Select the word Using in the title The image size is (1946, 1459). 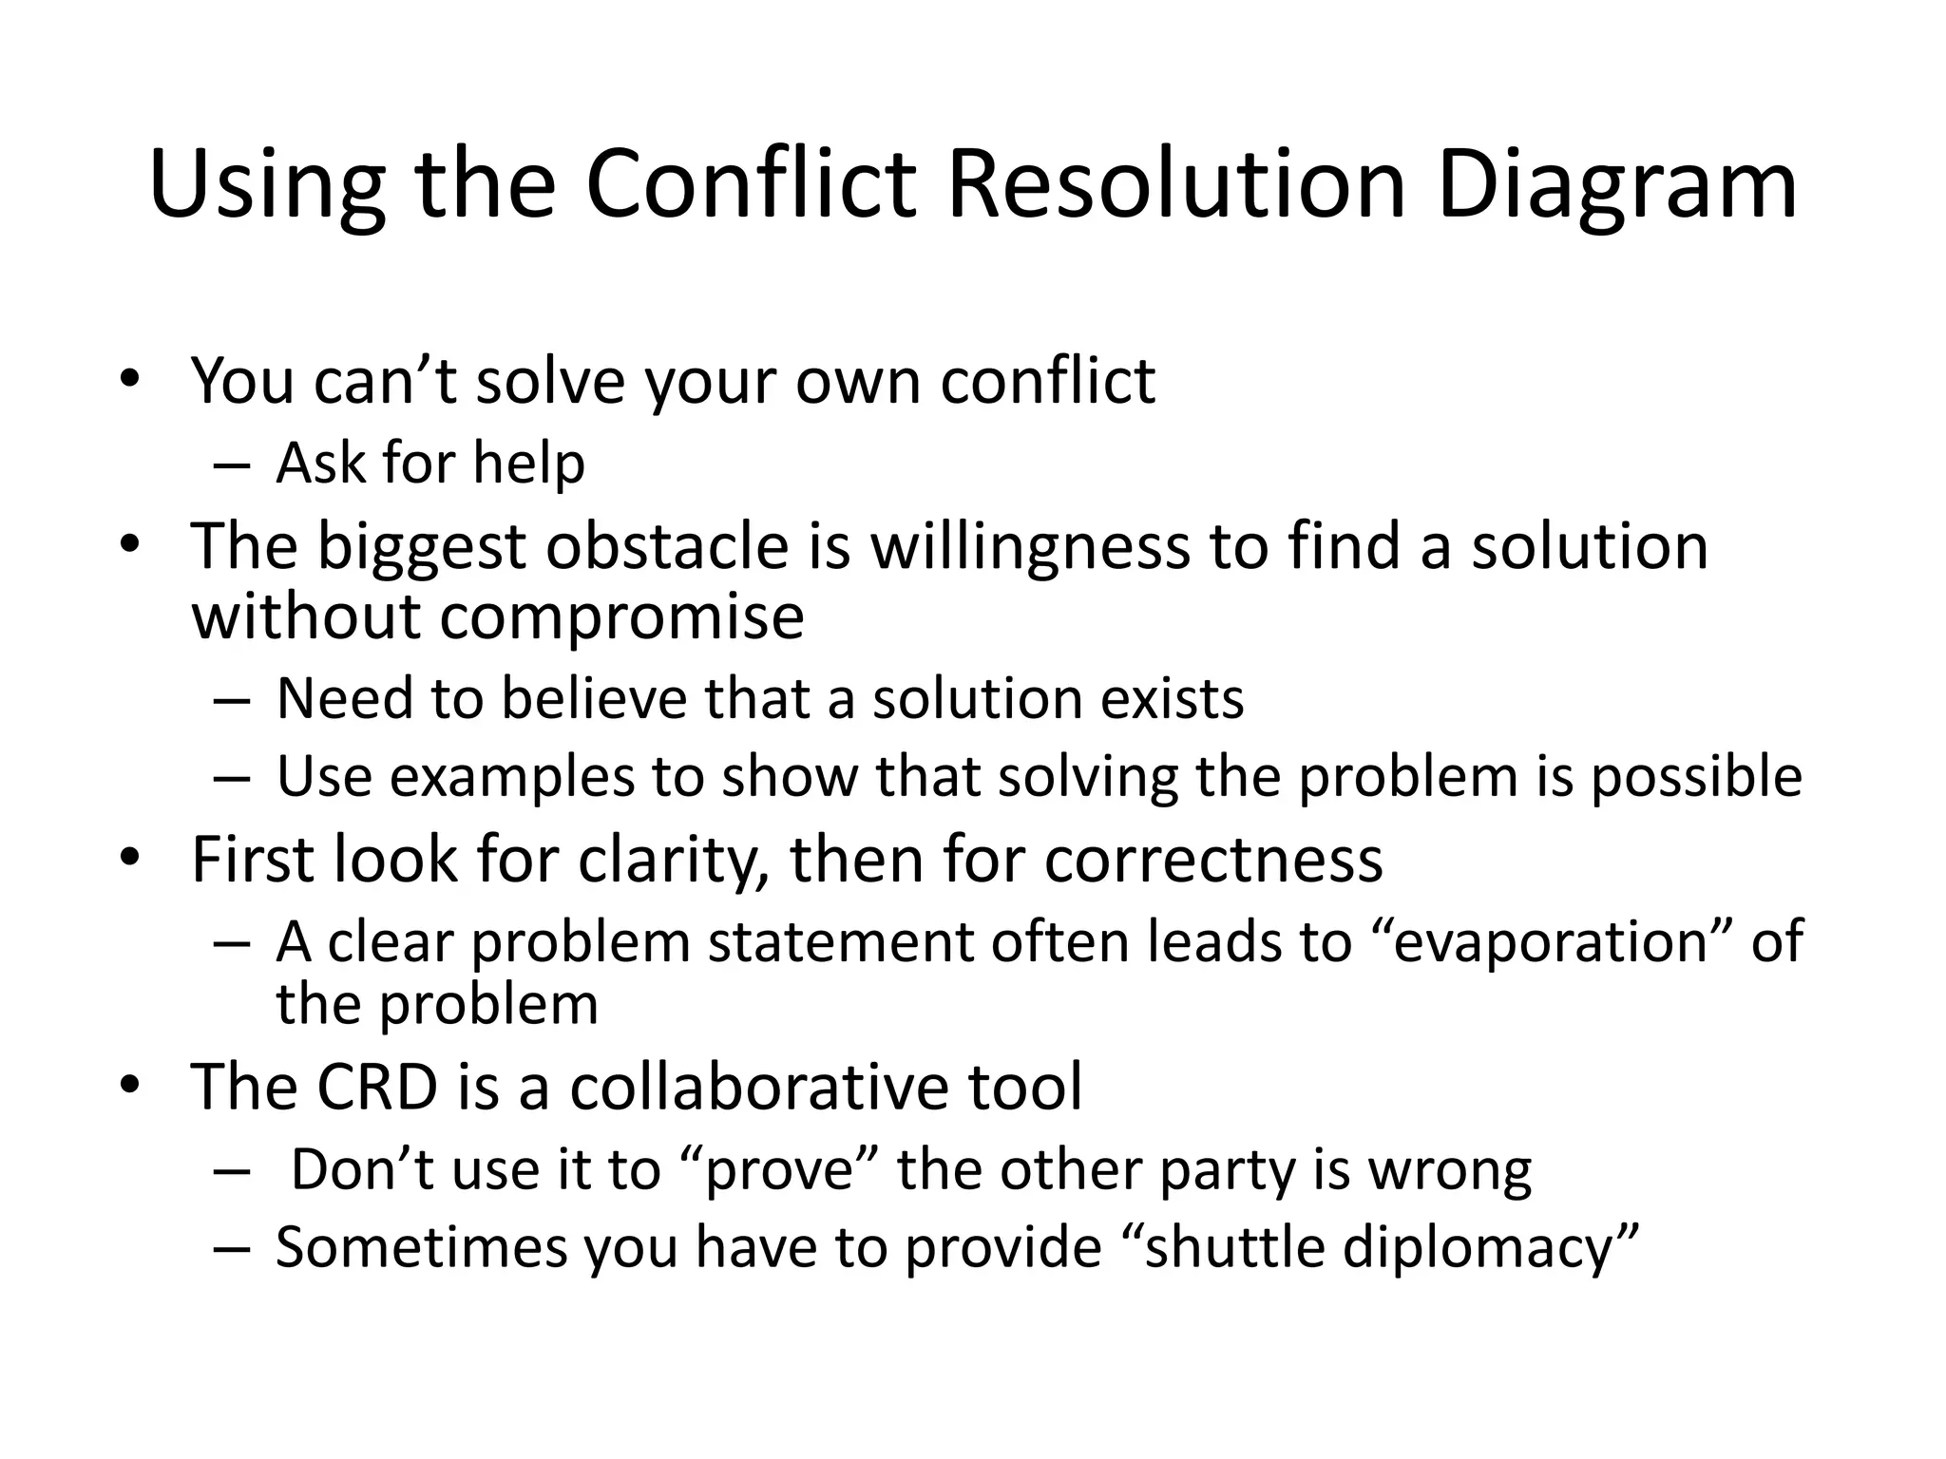pyautogui.click(x=267, y=186)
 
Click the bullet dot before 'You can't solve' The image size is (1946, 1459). pyautogui.click(x=129, y=380)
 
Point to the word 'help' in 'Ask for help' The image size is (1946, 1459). pyautogui.click(x=528, y=464)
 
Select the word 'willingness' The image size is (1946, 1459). pyautogui.click(x=1030, y=548)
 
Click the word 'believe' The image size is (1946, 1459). pyautogui.click(x=596, y=699)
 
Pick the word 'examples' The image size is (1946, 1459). pyautogui.click(x=511, y=778)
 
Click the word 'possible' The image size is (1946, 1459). pyautogui.click(x=1696, y=778)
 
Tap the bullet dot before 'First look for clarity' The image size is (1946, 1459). pyautogui.click(x=129, y=859)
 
